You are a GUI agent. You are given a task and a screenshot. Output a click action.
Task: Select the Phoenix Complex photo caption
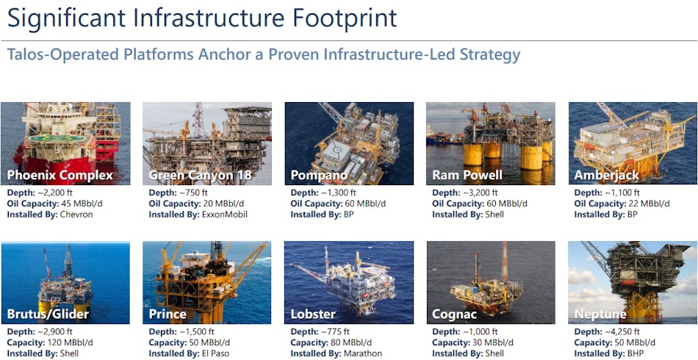click(60, 175)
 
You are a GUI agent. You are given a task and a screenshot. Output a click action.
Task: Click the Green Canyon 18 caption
click(199, 175)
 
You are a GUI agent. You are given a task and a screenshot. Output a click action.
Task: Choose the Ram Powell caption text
click(467, 175)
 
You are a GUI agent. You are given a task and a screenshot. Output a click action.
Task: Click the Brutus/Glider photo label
click(48, 314)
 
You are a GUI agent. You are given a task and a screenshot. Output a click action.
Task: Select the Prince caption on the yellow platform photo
click(168, 314)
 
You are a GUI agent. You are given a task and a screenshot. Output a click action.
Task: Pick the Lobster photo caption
click(313, 314)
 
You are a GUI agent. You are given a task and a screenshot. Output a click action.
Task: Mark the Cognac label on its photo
click(455, 314)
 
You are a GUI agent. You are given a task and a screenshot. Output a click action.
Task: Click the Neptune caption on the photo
click(600, 314)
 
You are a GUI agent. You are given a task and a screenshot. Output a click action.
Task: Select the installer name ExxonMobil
click(223, 215)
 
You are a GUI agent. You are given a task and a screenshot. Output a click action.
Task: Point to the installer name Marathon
click(362, 353)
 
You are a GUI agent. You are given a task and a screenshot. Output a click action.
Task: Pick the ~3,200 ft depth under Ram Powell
click(481, 193)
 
